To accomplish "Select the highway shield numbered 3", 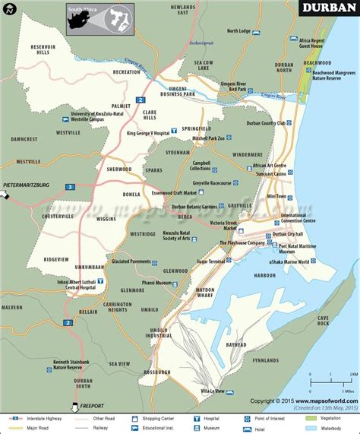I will click(x=70, y=186).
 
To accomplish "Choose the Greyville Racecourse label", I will click(x=211, y=183).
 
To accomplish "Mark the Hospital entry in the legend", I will click(x=211, y=417).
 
